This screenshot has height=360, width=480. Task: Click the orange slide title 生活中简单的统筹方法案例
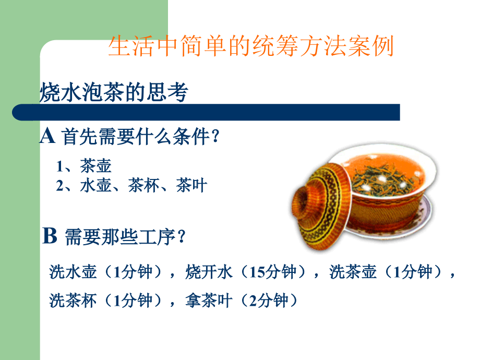[251, 46]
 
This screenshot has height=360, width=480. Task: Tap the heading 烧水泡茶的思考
[114, 92]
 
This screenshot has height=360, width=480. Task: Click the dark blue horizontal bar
[206, 112]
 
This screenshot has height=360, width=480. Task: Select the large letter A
[47, 136]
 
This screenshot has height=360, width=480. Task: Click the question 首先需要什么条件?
[141, 136]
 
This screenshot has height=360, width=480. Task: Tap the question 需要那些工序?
[125, 237]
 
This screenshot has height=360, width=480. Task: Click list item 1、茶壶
[83, 165]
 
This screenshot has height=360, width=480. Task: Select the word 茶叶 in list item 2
[191, 185]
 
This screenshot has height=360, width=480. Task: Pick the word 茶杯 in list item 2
[143, 185]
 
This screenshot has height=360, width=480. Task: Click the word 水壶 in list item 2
[95, 185]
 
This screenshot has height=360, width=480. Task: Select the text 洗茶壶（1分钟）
[386, 271]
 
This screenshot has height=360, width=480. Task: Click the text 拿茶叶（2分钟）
[242, 300]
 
